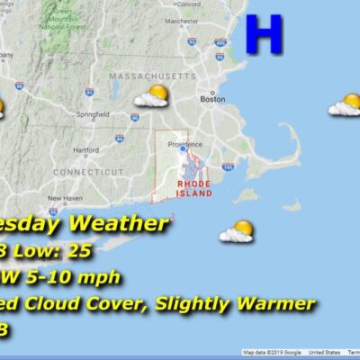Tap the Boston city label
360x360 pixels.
click(x=213, y=99)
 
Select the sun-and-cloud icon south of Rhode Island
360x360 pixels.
click(x=237, y=232)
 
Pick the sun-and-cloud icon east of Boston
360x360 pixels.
click(x=345, y=105)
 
